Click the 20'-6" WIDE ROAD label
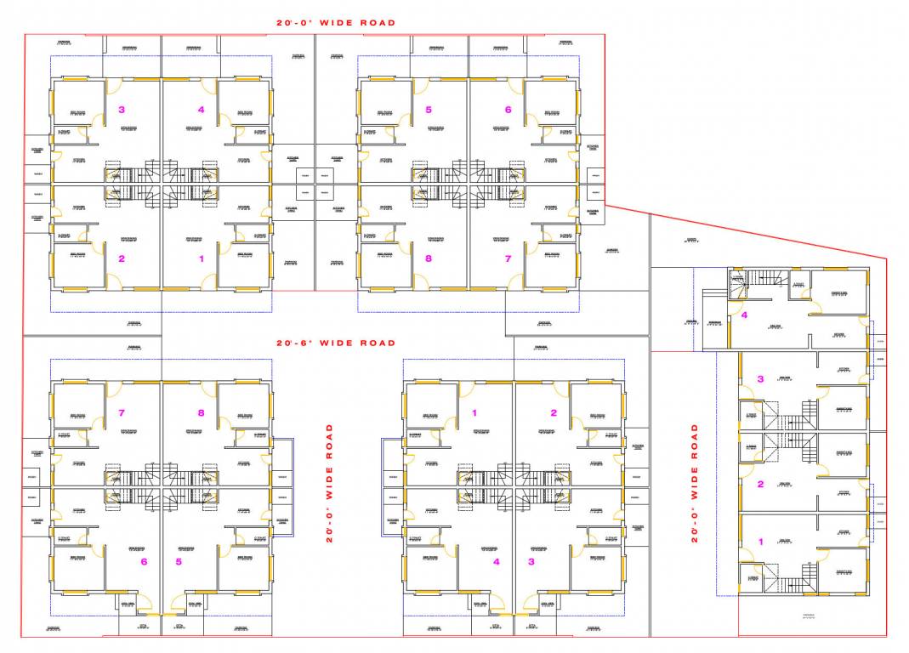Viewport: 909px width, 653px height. coord(335,343)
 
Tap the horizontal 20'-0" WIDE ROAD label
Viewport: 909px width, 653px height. coord(335,23)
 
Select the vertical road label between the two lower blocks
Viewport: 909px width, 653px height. coord(330,483)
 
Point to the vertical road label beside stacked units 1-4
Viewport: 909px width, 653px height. coord(695,483)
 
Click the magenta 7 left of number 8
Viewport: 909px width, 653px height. coord(122,413)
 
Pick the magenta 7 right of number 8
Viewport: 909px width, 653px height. coord(508,258)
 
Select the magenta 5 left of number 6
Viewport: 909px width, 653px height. coord(429,110)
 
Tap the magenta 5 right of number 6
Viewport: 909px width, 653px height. coord(179,561)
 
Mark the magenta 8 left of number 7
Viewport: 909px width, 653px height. coord(429,258)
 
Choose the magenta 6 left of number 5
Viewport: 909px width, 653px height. coord(144,561)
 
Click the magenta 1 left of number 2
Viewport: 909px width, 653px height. coord(474,413)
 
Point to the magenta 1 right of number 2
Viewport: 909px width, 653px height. coord(202,258)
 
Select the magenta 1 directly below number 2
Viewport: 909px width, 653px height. coord(761,541)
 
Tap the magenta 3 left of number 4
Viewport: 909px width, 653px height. coord(122,110)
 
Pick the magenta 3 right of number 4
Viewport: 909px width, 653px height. coord(531,561)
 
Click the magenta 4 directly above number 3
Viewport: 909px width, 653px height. coord(744,315)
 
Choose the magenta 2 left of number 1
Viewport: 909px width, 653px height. coord(122,258)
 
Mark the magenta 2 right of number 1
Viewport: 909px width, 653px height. coord(554,413)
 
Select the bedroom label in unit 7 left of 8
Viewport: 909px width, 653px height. coord(77,415)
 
